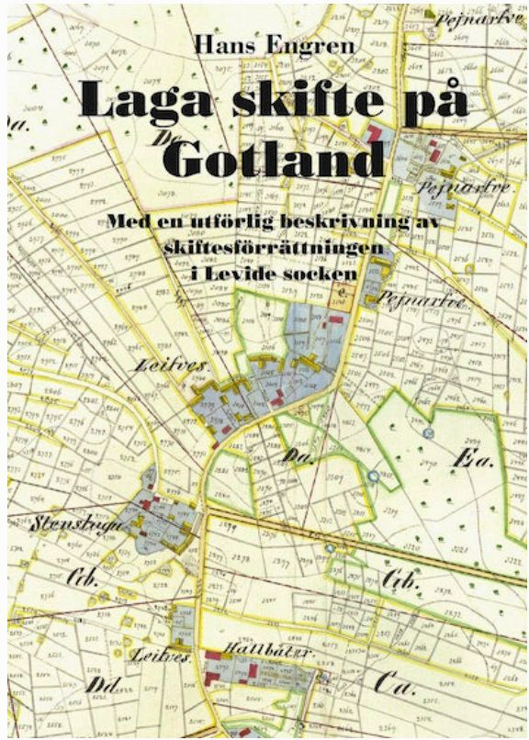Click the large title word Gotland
coord(275,160)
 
